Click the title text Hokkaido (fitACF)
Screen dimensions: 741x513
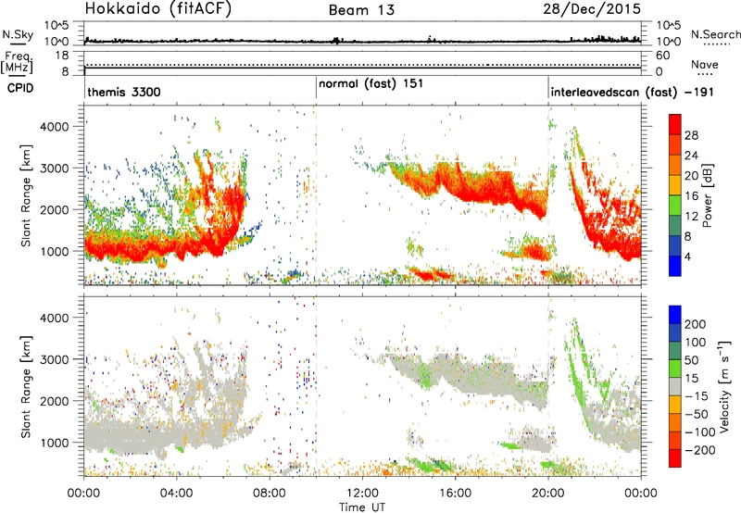pyautogui.click(x=157, y=8)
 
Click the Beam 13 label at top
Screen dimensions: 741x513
pyautogui.click(x=361, y=10)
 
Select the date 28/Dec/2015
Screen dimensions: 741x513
pyautogui.click(x=592, y=9)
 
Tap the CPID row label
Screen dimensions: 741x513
pyautogui.click(x=20, y=88)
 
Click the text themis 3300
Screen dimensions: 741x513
pyautogui.click(x=124, y=92)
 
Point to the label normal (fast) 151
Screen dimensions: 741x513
pyautogui.click(x=370, y=84)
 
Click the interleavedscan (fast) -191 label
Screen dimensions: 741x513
pyautogui.click(x=632, y=92)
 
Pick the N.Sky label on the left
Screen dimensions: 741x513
pyautogui.click(x=18, y=34)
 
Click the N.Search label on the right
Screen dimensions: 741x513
pyautogui.click(x=715, y=34)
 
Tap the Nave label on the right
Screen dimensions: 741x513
pyautogui.click(x=705, y=64)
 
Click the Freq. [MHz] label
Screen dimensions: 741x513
pyautogui.click(x=17, y=62)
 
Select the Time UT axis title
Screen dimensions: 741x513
pyautogui.click(x=362, y=507)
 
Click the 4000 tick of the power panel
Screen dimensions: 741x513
pyautogui.click(x=57, y=127)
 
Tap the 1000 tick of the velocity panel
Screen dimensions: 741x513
pyautogui.click(x=57, y=443)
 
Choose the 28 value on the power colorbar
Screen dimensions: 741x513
pyautogui.click(x=691, y=135)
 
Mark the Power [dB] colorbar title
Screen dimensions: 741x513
pyautogui.click(x=708, y=195)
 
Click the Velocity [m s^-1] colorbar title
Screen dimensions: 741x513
pyautogui.click(x=724, y=385)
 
